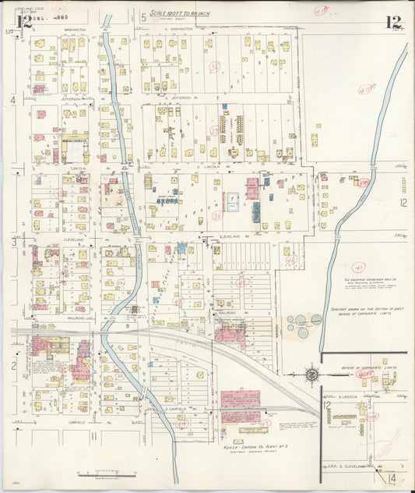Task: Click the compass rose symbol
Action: (x=312, y=375)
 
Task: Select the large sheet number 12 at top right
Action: (x=392, y=22)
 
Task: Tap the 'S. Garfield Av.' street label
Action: (x=178, y=408)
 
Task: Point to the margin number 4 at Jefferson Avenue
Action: (x=13, y=100)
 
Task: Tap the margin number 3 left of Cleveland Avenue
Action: (x=13, y=243)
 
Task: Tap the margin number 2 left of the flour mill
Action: (x=13, y=364)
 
